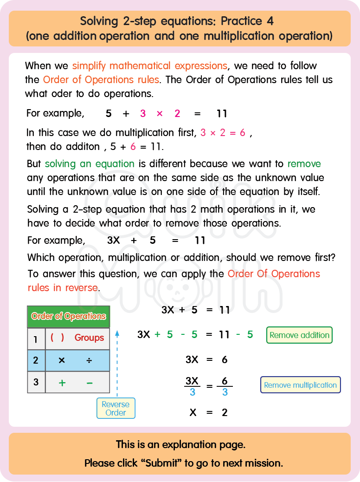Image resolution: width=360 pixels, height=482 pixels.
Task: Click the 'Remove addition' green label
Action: pyautogui.click(x=299, y=335)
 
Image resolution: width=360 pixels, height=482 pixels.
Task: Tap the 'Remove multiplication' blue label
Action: pyautogui.click(x=300, y=385)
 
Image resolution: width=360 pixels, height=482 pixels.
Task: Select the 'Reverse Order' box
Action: pyautogui.click(x=116, y=408)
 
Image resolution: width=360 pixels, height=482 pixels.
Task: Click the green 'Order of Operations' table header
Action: pyautogui.click(x=69, y=316)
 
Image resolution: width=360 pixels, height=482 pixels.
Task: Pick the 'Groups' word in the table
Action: pyautogui.click(x=89, y=338)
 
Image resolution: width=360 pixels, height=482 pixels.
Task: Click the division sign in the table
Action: pyautogui.click(x=89, y=360)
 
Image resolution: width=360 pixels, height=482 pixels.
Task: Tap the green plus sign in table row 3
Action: pyautogui.click(x=62, y=383)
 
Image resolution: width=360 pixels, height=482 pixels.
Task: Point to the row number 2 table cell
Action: pyautogui.click(x=36, y=360)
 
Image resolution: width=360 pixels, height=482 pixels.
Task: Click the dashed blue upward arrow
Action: pyautogui.click(x=117, y=362)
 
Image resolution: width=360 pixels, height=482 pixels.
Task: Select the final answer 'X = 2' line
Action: pyautogui.click(x=209, y=412)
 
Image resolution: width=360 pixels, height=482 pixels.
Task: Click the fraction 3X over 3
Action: pyautogui.click(x=192, y=386)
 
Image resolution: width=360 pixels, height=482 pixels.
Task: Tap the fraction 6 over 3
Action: pyautogui.click(x=225, y=386)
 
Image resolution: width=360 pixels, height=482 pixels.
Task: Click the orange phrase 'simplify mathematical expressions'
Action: pyautogui.click(x=149, y=65)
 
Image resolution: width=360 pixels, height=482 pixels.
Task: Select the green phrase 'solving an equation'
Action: pyautogui.click(x=90, y=163)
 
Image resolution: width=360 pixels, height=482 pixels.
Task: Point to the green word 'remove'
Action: pyautogui.click(x=304, y=163)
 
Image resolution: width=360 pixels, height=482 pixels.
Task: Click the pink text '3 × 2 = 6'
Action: pyautogui.click(x=223, y=133)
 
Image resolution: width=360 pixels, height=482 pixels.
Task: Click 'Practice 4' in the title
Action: pyautogui.click(x=247, y=21)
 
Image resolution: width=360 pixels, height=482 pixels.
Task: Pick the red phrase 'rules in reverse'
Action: pyautogui.click(x=63, y=287)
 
